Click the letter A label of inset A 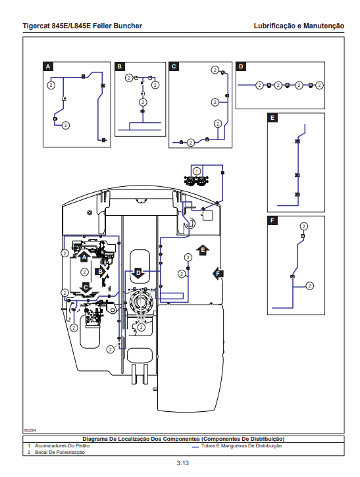[x=48, y=66]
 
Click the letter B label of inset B [x=120, y=66]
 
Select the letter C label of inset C [x=174, y=66]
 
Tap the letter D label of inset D [x=241, y=66]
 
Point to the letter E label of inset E [x=272, y=118]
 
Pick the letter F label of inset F [x=272, y=220]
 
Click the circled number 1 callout [x=197, y=171]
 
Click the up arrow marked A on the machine [x=84, y=257]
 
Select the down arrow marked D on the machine [x=138, y=274]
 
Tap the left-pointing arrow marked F [x=218, y=274]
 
